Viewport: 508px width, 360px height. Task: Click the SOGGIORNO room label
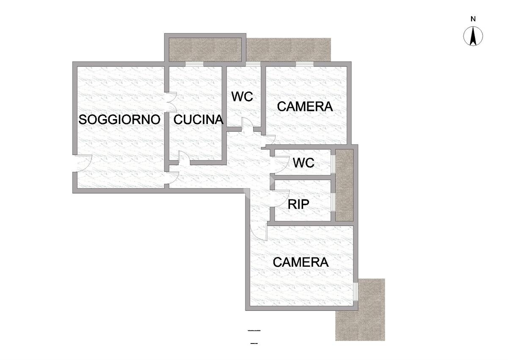point(119,119)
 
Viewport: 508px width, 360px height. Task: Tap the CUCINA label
point(199,119)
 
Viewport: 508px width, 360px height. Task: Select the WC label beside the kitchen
point(242,97)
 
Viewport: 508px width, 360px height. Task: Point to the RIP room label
point(298,204)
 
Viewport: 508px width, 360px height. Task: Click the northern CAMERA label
point(305,106)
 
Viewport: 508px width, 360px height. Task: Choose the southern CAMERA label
point(301,262)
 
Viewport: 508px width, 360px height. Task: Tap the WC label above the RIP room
point(304,163)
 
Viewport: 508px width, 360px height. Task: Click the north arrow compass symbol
point(473,36)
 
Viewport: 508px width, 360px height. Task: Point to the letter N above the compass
point(473,19)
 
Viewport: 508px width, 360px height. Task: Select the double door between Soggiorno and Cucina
point(171,102)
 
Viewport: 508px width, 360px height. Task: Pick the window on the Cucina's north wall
point(194,64)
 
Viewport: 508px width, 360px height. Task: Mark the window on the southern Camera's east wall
point(356,291)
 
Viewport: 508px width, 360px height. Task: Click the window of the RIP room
point(333,202)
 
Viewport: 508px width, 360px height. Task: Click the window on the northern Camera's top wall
point(305,64)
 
